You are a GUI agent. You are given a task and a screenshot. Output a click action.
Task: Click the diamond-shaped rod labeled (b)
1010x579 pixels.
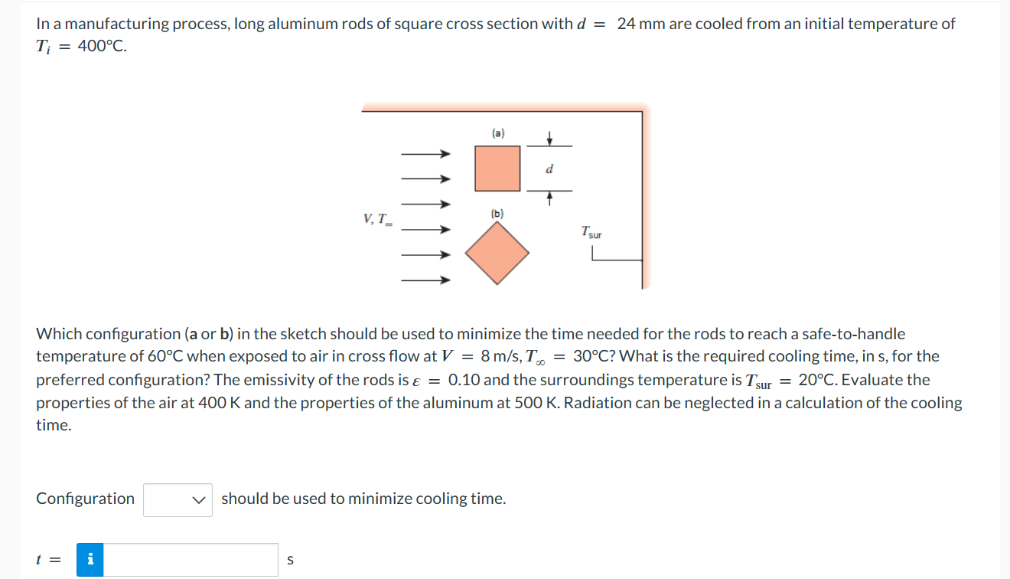point(498,254)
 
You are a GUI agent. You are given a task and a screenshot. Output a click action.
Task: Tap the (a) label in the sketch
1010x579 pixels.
point(498,133)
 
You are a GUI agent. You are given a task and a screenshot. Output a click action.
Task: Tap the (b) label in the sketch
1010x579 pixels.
point(497,214)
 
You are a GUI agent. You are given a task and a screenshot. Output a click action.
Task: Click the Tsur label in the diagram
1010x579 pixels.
point(591,231)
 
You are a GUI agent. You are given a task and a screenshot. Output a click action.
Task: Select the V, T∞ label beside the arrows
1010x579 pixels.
point(378,221)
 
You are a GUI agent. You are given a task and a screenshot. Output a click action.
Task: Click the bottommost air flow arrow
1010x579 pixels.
point(425,280)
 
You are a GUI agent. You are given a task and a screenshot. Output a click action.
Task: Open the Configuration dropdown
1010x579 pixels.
point(178,499)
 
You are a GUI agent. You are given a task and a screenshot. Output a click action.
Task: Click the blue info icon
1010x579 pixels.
point(91,559)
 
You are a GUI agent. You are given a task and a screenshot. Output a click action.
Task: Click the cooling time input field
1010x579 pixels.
point(191,559)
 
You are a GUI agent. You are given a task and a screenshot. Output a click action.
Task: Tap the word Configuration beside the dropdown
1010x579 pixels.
point(85,499)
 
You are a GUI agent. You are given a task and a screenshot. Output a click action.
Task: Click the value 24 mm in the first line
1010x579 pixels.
point(640,24)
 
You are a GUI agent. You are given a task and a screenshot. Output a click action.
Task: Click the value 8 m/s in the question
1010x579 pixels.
point(497,356)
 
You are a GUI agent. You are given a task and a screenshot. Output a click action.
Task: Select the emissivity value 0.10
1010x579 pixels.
point(464,380)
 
